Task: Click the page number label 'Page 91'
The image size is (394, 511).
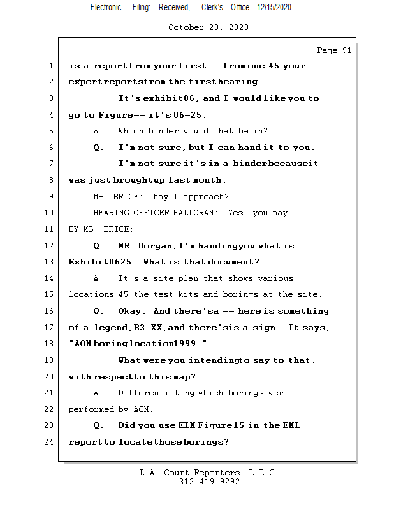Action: click(334, 50)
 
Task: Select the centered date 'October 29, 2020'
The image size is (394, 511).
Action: click(208, 27)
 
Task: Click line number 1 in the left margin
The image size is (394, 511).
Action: click(50, 66)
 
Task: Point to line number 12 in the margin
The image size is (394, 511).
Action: click(49, 246)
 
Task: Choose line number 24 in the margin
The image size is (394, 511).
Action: click(49, 442)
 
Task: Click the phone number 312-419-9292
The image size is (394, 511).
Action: click(209, 482)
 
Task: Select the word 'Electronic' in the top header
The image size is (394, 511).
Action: click(106, 7)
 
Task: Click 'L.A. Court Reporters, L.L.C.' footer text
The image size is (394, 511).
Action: click(209, 473)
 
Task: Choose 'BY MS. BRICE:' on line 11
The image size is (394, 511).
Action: click(101, 229)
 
